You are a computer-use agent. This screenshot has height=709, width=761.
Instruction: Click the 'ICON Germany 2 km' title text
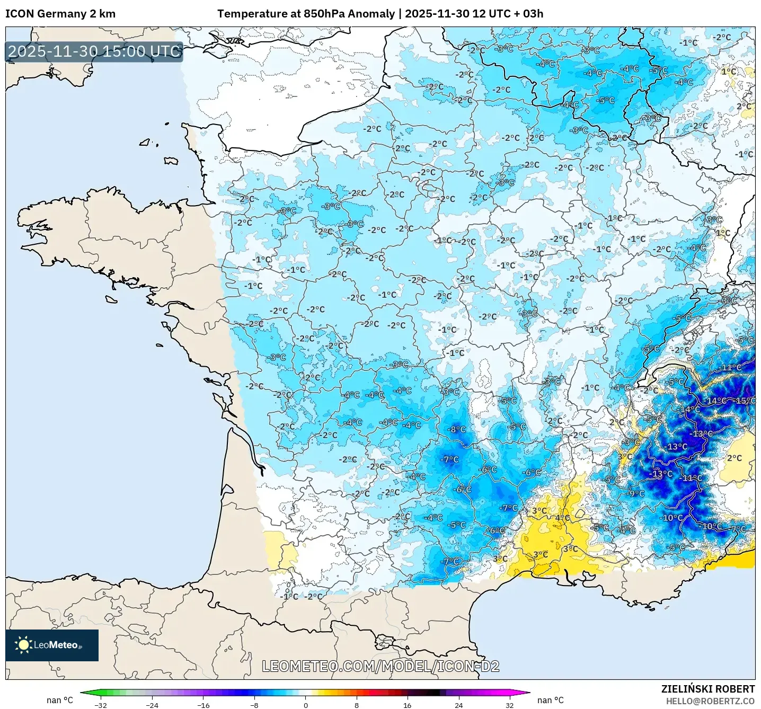[60, 14]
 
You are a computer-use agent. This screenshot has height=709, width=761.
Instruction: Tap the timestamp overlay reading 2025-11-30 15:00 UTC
[94, 52]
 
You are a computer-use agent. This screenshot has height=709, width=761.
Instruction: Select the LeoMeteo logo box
[52, 645]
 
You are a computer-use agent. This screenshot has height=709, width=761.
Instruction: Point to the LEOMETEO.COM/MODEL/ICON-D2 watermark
[380, 666]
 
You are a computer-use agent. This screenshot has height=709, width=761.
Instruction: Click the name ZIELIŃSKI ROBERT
[707, 689]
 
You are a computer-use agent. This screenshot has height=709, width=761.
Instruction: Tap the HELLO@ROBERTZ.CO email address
[710, 701]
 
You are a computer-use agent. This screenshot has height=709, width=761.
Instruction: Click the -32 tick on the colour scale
[101, 705]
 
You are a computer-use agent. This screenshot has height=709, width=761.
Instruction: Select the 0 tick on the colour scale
[305, 705]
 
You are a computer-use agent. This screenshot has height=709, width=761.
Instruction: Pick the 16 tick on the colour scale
[407, 705]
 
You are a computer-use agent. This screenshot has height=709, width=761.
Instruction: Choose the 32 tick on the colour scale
[509, 705]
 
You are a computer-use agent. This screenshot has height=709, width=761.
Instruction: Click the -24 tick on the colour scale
[152, 705]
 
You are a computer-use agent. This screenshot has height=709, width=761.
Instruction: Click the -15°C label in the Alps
[745, 401]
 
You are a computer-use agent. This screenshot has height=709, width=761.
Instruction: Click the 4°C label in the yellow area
[562, 518]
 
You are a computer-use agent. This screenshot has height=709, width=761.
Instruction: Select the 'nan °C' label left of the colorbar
[59, 700]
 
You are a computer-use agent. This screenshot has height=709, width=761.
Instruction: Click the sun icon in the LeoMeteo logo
[23, 645]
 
